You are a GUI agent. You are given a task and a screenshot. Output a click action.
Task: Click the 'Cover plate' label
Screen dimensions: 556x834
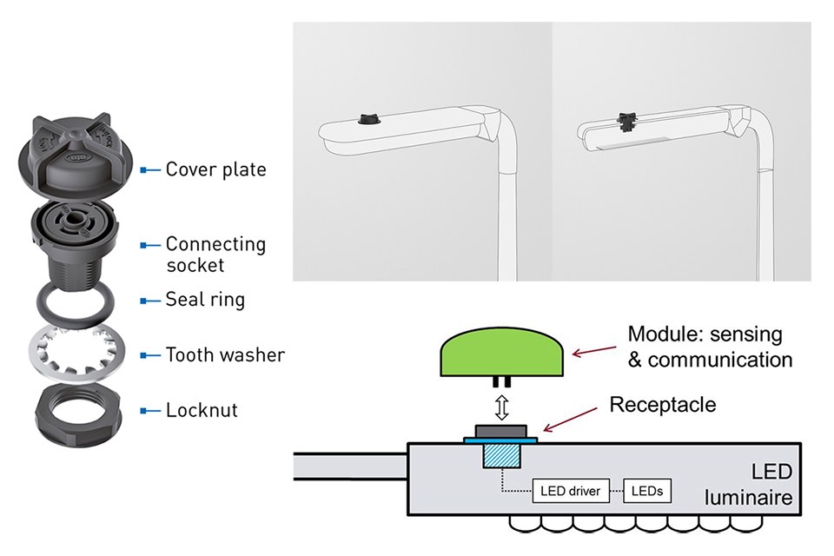click(215, 169)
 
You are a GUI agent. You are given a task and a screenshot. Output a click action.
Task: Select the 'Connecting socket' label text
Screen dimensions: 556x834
click(215, 254)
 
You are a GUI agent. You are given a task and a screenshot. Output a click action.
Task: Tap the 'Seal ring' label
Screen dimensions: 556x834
click(205, 300)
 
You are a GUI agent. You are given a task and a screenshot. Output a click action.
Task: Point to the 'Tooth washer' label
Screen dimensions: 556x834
click(225, 354)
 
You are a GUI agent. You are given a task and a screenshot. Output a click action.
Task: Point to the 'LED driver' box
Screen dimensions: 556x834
click(571, 491)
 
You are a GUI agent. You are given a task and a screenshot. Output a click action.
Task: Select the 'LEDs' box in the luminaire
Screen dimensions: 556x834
click(647, 491)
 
